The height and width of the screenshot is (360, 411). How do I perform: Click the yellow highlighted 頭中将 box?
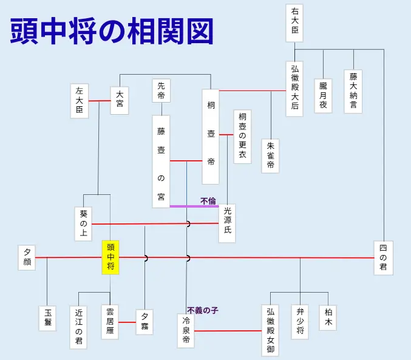110,257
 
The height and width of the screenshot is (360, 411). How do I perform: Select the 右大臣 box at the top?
295,23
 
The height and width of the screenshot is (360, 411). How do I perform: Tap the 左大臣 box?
80,100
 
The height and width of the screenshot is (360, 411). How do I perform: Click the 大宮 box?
120,100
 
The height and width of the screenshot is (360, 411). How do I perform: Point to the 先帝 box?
161,91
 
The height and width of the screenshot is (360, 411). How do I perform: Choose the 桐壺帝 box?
211,137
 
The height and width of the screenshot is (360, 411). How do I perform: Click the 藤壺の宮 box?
161,161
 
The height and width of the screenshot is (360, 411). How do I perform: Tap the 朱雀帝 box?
271,156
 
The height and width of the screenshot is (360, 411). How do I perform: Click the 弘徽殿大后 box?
294,89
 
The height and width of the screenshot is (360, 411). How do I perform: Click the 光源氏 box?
227,223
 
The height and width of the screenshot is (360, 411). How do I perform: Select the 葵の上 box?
84,223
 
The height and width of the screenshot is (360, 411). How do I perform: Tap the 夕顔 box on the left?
27,257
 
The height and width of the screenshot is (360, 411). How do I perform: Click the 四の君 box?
383,258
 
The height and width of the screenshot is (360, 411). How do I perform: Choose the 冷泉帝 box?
186,331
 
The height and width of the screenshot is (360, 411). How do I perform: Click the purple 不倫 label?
208,200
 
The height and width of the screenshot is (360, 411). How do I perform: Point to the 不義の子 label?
202,310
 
